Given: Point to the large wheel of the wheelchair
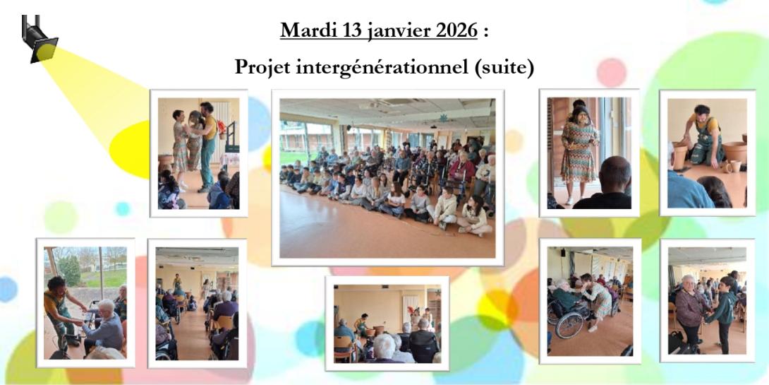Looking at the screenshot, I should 567,323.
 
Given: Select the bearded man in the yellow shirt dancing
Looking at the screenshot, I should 208,141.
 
